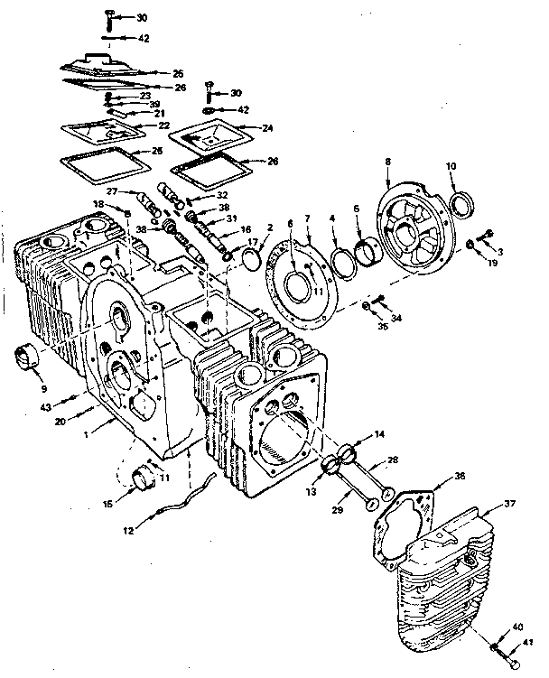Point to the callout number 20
tap(60, 422)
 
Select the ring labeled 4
tap(341, 263)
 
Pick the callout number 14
tap(379, 434)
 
